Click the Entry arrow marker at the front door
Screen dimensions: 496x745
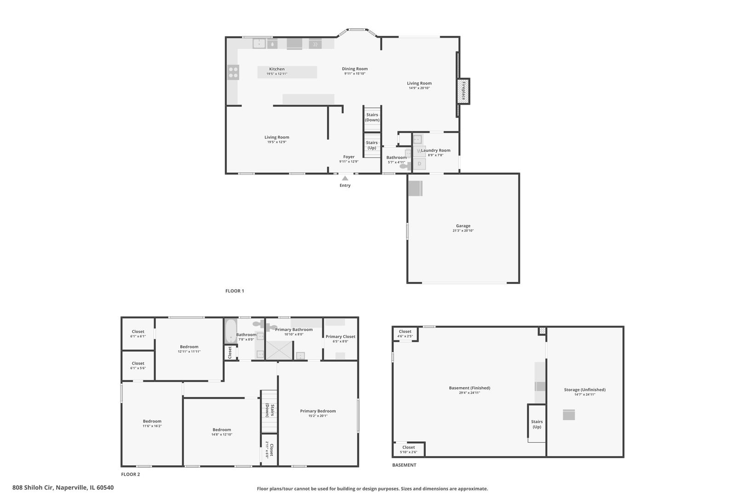(345, 178)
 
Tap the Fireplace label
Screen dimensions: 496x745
(464, 90)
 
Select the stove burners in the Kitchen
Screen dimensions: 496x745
(233, 72)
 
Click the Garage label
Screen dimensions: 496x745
(463, 226)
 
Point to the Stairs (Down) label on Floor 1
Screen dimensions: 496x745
(372, 118)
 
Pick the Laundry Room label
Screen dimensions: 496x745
(436, 151)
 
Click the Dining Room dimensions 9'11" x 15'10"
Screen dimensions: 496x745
(355, 73)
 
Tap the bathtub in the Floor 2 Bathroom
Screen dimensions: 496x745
(230, 332)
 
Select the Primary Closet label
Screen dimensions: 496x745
(340, 337)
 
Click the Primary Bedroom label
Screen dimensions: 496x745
(318, 411)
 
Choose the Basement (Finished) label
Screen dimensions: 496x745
(470, 388)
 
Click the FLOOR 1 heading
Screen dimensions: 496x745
(235, 291)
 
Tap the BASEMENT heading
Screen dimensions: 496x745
(404, 465)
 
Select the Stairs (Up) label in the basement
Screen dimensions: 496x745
(537, 424)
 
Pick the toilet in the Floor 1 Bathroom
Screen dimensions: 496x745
(404, 167)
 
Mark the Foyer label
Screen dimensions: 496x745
(349, 157)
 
